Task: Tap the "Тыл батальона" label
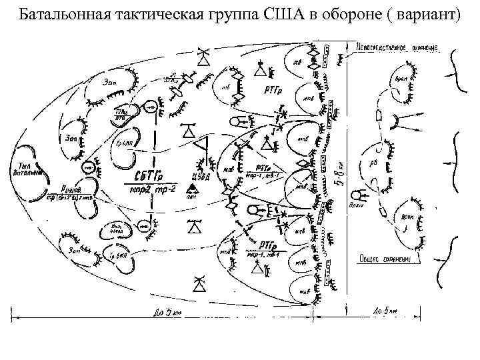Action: [27, 169]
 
